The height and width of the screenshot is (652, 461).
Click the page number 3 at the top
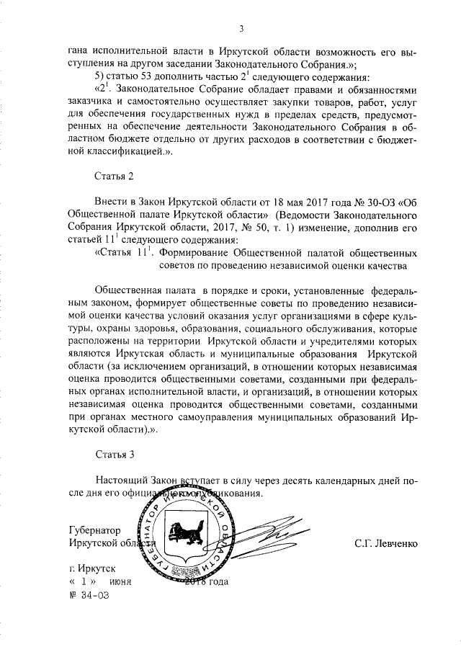pos(243,29)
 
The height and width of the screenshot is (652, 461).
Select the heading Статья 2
pos(115,175)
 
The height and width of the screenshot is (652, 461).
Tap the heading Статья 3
pos(115,454)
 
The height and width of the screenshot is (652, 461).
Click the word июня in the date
pos(121,581)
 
